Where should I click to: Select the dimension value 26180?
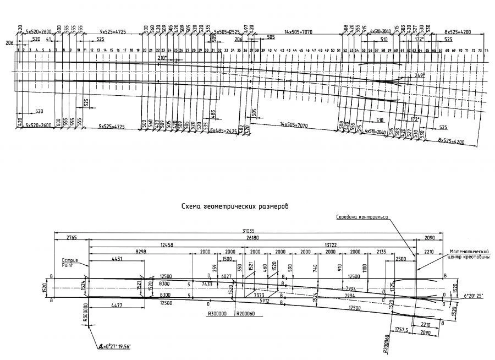(x=253, y=238)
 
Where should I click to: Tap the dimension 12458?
(x=167, y=244)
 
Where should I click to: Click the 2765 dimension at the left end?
(x=71, y=238)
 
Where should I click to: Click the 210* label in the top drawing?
(x=161, y=58)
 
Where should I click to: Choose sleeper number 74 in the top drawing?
(x=486, y=51)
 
